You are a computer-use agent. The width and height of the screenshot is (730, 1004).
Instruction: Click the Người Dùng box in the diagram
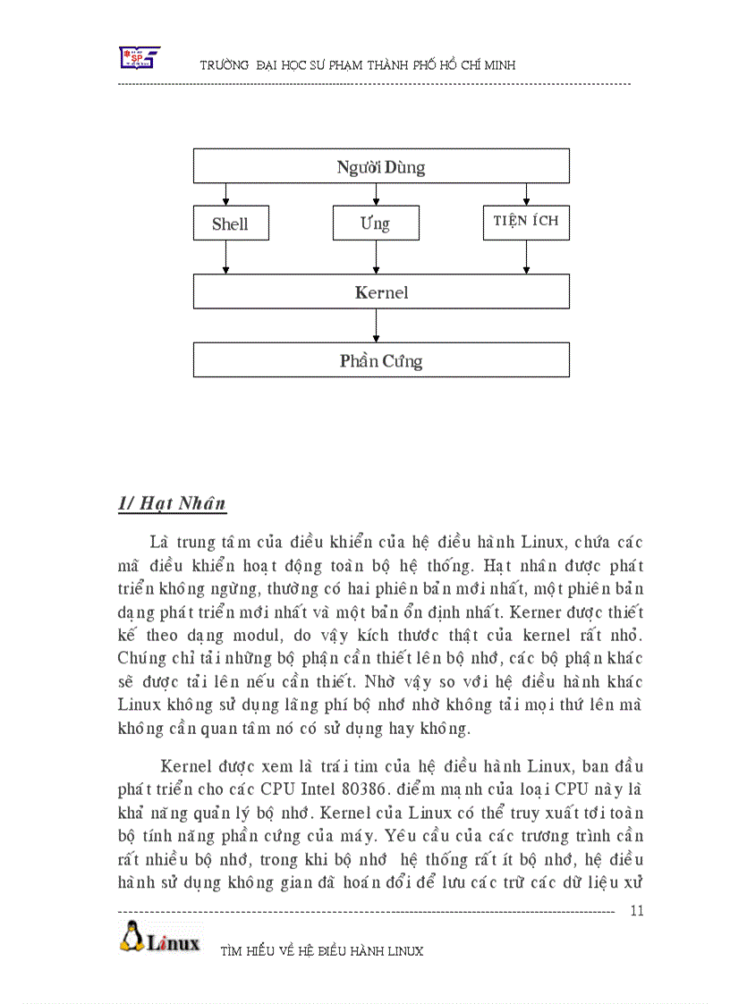(x=381, y=166)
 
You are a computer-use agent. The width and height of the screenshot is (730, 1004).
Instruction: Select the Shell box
(x=230, y=224)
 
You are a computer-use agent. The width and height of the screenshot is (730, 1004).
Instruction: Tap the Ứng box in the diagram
(x=375, y=223)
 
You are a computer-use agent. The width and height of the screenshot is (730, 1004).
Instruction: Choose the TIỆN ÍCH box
(x=526, y=222)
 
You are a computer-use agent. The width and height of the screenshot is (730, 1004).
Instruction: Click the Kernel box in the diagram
(x=381, y=291)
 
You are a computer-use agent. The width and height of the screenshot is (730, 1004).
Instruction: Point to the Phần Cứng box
(x=381, y=360)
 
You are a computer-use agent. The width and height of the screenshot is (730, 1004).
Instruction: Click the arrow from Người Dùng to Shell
(x=225, y=194)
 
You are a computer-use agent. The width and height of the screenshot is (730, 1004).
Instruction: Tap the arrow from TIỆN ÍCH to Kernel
(x=525, y=257)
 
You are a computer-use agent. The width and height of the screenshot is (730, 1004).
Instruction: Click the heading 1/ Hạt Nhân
(x=172, y=503)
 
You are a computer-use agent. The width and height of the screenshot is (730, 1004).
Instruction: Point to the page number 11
(x=637, y=911)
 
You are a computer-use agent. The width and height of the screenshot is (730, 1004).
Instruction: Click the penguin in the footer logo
(x=132, y=938)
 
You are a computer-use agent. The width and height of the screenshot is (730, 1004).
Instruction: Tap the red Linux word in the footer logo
(x=174, y=942)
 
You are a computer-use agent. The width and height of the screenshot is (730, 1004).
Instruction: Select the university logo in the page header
(x=140, y=58)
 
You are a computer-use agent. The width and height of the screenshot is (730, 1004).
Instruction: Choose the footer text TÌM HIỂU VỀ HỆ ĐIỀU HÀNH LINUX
(x=321, y=951)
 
